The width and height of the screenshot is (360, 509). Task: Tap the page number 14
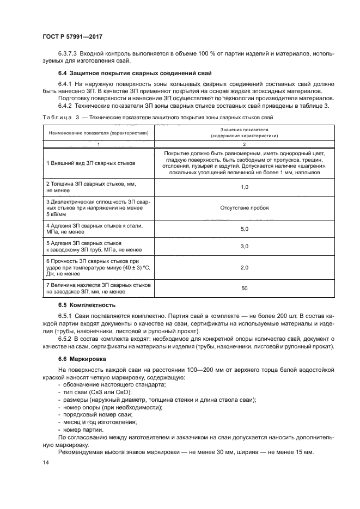coord(45,462)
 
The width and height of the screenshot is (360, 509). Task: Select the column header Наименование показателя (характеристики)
coord(99,133)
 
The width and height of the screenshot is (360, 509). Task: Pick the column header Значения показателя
coord(245,130)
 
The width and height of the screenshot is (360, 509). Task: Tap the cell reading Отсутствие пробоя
coord(245,207)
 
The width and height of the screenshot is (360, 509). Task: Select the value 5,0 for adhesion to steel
coord(245,229)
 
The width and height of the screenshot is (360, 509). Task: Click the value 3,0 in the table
coord(245,247)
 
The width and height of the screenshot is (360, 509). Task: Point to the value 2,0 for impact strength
coord(245,268)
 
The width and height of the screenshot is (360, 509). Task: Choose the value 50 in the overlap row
coord(245,289)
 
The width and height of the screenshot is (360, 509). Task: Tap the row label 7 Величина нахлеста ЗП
coord(98,289)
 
